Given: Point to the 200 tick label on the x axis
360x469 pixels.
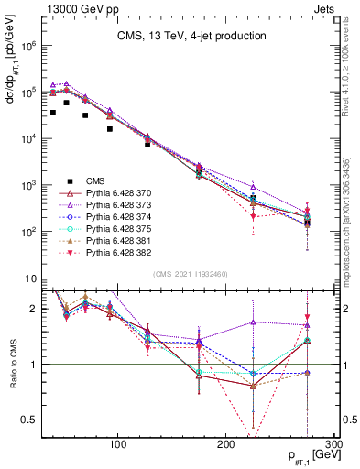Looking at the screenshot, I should click(x=225, y=445).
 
